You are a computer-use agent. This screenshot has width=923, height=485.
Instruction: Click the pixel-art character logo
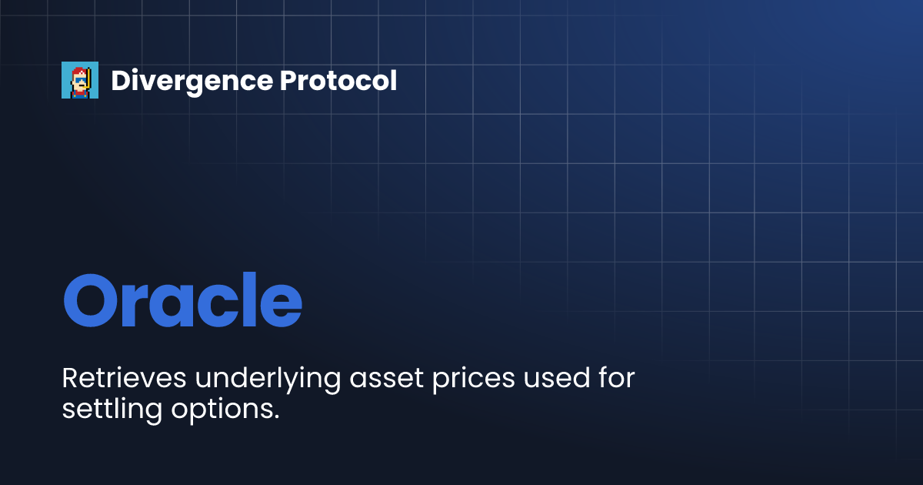[x=80, y=80]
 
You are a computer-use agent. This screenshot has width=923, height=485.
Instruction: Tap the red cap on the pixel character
[x=78, y=69]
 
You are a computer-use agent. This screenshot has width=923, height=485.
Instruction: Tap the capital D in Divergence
[x=120, y=81]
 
